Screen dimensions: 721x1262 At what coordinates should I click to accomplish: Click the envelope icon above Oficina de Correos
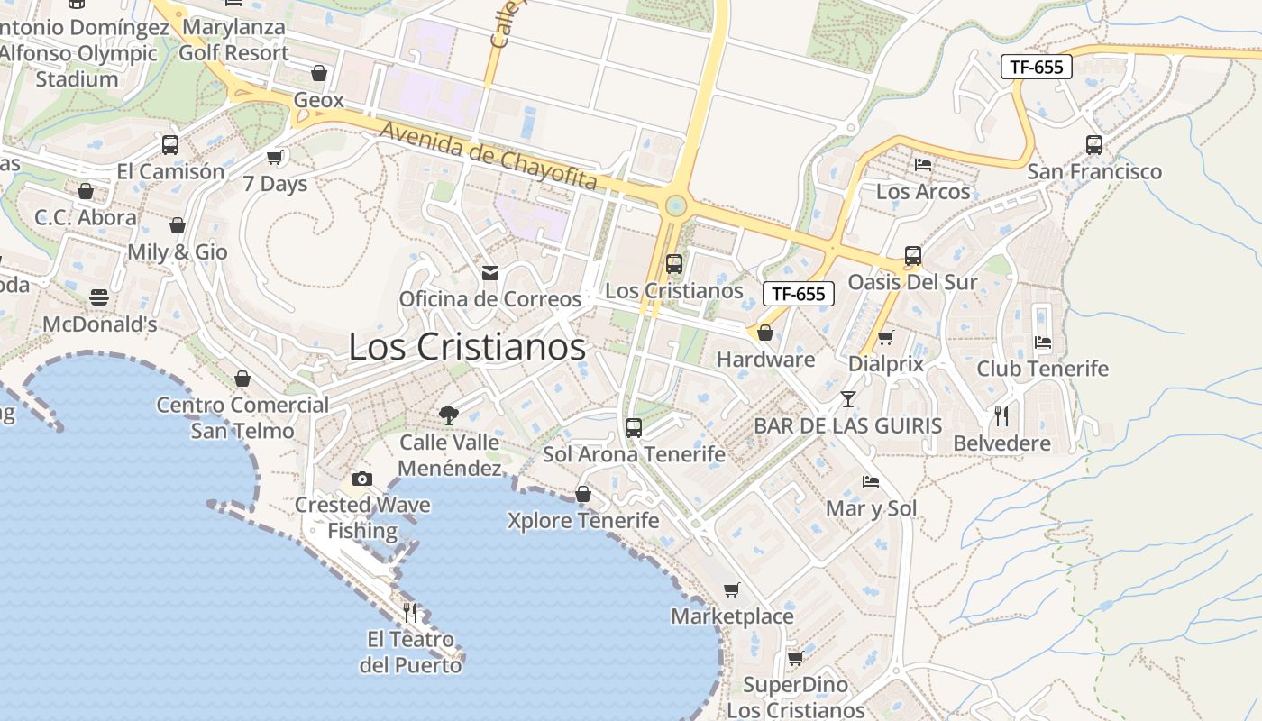pyautogui.click(x=490, y=272)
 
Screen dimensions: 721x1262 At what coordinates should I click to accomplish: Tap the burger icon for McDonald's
pyautogui.click(x=99, y=297)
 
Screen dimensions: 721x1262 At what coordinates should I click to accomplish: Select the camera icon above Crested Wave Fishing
pyautogui.click(x=362, y=479)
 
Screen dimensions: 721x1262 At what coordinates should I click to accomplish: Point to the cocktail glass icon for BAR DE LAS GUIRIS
pyautogui.click(x=848, y=398)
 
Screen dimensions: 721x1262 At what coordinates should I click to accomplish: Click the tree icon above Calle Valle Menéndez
pyautogui.click(x=449, y=415)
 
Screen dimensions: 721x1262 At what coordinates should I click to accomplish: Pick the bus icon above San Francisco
pyautogui.click(x=1094, y=144)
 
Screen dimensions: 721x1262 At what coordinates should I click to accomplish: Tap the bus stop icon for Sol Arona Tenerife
pyautogui.click(x=634, y=427)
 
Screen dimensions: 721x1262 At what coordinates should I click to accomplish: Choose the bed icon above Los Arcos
pyautogui.click(x=923, y=165)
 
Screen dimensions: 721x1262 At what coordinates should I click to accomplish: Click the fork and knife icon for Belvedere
pyautogui.click(x=1001, y=416)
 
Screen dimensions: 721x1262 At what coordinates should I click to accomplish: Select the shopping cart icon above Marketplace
pyautogui.click(x=732, y=590)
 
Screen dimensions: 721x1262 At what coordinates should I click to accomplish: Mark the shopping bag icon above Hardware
pyautogui.click(x=765, y=333)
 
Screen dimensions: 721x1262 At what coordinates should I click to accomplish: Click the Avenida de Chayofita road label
pyautogui.click(x=488, y=155)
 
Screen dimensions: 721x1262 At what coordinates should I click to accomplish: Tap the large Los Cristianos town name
pyautogui.click(x=467, y=347)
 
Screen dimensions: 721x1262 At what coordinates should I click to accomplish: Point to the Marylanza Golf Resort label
pyautogui.click(x=233, y=40)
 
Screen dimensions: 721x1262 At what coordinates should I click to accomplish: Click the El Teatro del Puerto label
pyautogui.click(x=410, y=653)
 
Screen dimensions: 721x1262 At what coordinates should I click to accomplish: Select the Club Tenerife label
pyautogui.click(x=1043, y=369)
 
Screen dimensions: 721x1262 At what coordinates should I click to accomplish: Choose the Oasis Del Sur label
pyautogui.click(x=912, y=282)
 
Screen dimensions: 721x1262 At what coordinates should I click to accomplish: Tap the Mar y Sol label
pyautogui.click(x=871, y=508)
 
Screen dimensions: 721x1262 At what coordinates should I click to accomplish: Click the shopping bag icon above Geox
pyautogui.click(x=318, y=73)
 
